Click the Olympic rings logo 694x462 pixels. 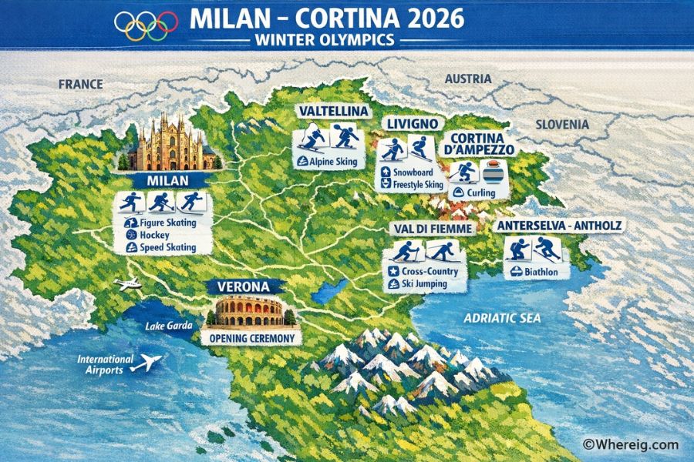pyautogui.click(x=146, y=25)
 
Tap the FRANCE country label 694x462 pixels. pyautogui.click(x=80, y=84)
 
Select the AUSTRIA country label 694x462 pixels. pyautogui.click(x=467, y=79)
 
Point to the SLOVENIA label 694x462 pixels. pyautogui.click(x=563, y=124)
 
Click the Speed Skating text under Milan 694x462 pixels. pyautogui.click(x=167, y=247)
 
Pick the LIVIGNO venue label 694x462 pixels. pyautogui.click(x=413, y=123)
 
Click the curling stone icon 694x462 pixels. pyautogui.click(x=490, y=169)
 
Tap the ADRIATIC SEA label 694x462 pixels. pyautogui.click(x=501, y=317)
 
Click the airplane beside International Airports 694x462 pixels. pyautogui.click(x=147, y=362)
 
